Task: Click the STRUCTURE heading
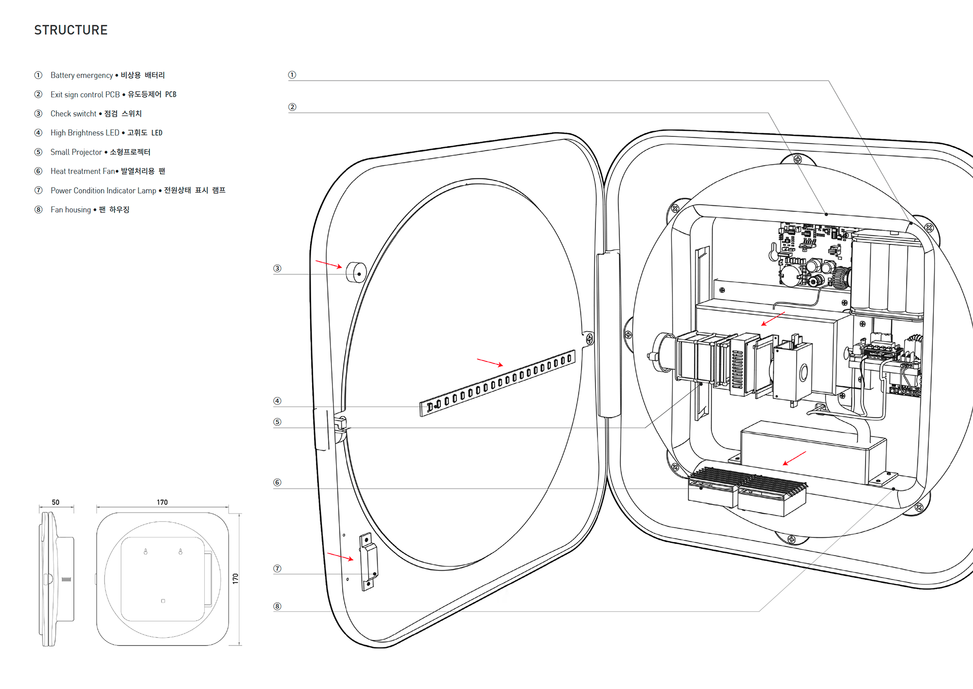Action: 71,30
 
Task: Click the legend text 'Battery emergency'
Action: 82,76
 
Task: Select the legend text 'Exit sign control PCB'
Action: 85,95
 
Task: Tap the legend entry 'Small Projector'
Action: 76,152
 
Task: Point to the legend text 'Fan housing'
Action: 70,210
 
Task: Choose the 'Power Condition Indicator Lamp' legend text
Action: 103,191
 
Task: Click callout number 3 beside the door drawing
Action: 277,269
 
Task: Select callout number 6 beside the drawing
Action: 277,483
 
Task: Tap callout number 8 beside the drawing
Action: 277,606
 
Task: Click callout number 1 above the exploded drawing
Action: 292,75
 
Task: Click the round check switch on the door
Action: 356,273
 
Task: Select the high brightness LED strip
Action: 497,383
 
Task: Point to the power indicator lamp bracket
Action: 368,561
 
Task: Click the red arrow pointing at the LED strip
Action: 490,362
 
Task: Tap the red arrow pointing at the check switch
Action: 328,264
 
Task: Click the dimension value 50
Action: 56,502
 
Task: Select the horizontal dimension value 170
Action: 162,502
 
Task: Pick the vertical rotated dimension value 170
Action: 235,578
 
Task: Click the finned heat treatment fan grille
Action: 747,481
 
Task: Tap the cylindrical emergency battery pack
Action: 887,276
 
